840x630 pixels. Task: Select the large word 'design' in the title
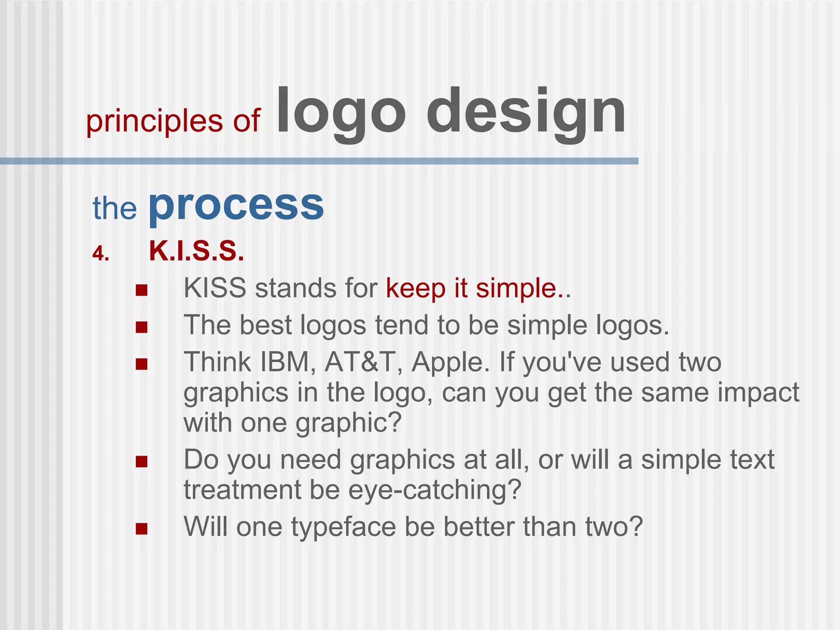click(526, 112)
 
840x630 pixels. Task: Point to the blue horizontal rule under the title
click(319, 161)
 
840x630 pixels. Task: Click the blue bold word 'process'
click(236, 205)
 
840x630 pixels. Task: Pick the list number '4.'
click(100, 254)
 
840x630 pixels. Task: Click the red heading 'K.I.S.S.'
click(196, 251)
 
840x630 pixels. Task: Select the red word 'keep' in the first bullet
click(415, 289)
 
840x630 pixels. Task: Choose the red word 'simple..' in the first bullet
click(523, 289)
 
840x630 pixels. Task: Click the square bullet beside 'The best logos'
click(142, 327)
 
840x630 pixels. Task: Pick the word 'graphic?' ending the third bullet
click(348, 423)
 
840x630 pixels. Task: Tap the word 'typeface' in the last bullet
click(343, 527)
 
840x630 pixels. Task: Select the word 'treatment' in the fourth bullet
click(242, 490)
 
